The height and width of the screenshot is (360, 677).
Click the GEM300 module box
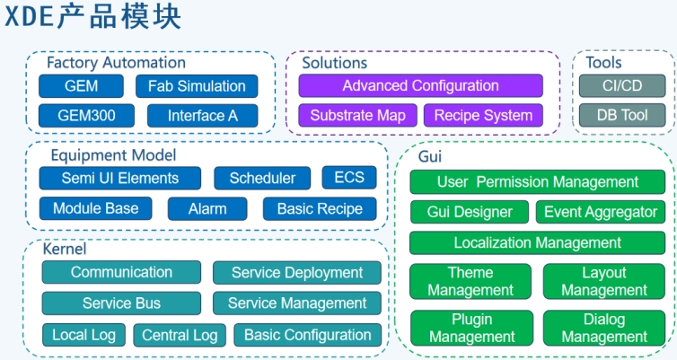(83, 115)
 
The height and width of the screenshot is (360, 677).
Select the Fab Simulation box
(197, 86)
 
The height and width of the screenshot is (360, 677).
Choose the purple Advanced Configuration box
(420, 86)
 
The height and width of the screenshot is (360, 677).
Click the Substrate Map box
(357, 115)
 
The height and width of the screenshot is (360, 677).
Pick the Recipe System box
(483, 115)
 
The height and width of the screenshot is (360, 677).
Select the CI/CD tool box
(622, 86)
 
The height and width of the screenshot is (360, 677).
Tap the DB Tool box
(622, 115)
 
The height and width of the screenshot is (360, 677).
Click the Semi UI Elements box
(120, 178)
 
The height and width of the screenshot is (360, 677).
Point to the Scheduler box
(262, 178)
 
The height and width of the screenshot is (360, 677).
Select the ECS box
(349, 178)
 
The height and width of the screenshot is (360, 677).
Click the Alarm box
(207, 208)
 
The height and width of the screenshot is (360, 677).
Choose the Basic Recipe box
(320, 208)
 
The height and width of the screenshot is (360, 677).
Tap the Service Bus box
(121, 303)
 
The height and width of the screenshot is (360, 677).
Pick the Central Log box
(180, 335)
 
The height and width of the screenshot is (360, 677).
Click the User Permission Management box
(538, 182)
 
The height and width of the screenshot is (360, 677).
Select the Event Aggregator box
(602, 213)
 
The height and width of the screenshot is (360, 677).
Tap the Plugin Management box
(471, 328)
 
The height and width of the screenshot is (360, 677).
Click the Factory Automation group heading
(116, 63)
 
